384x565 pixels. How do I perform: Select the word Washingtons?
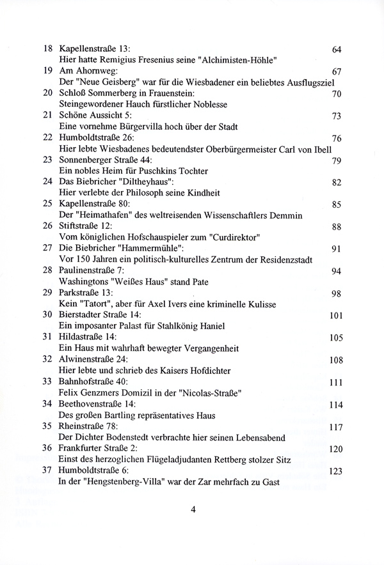84,281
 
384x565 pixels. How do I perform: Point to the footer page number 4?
193,511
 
